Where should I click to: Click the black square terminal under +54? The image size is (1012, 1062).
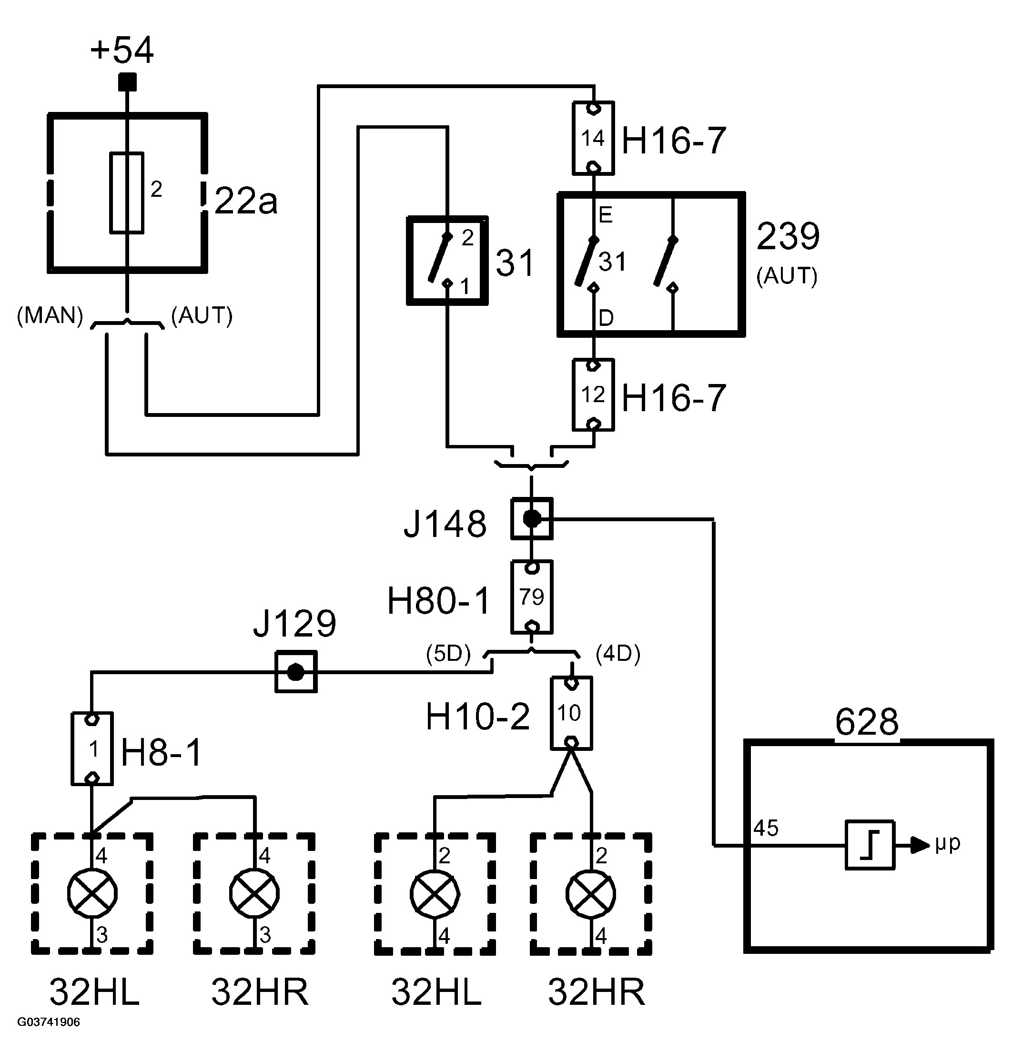tap(127, 82)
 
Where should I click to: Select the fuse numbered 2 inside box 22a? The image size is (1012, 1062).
tap(127, 192)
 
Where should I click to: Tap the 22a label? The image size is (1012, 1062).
tap(246, 201)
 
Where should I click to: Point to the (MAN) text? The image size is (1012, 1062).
tap(50, 315)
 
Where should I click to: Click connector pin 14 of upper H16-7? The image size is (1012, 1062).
tap(593, 138)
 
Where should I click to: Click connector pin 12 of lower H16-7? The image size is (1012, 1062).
tap(593, 395)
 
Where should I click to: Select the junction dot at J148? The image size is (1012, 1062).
tap(532, 519)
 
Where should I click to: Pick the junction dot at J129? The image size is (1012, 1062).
tap(295, 672)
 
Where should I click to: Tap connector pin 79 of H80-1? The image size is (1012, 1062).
tap(532, 597)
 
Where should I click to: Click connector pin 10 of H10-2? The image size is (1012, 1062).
tap(571, 713)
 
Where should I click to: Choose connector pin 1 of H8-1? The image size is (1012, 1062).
tap(92, 748)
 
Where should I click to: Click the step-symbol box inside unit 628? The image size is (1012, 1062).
tap(870, 845)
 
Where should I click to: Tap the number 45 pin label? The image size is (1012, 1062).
tap(766, 828)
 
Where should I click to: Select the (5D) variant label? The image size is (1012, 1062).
tap(448, 654)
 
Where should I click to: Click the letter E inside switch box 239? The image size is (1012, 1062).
tap(606, 215)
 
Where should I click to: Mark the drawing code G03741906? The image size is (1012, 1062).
tap(49, 1022)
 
